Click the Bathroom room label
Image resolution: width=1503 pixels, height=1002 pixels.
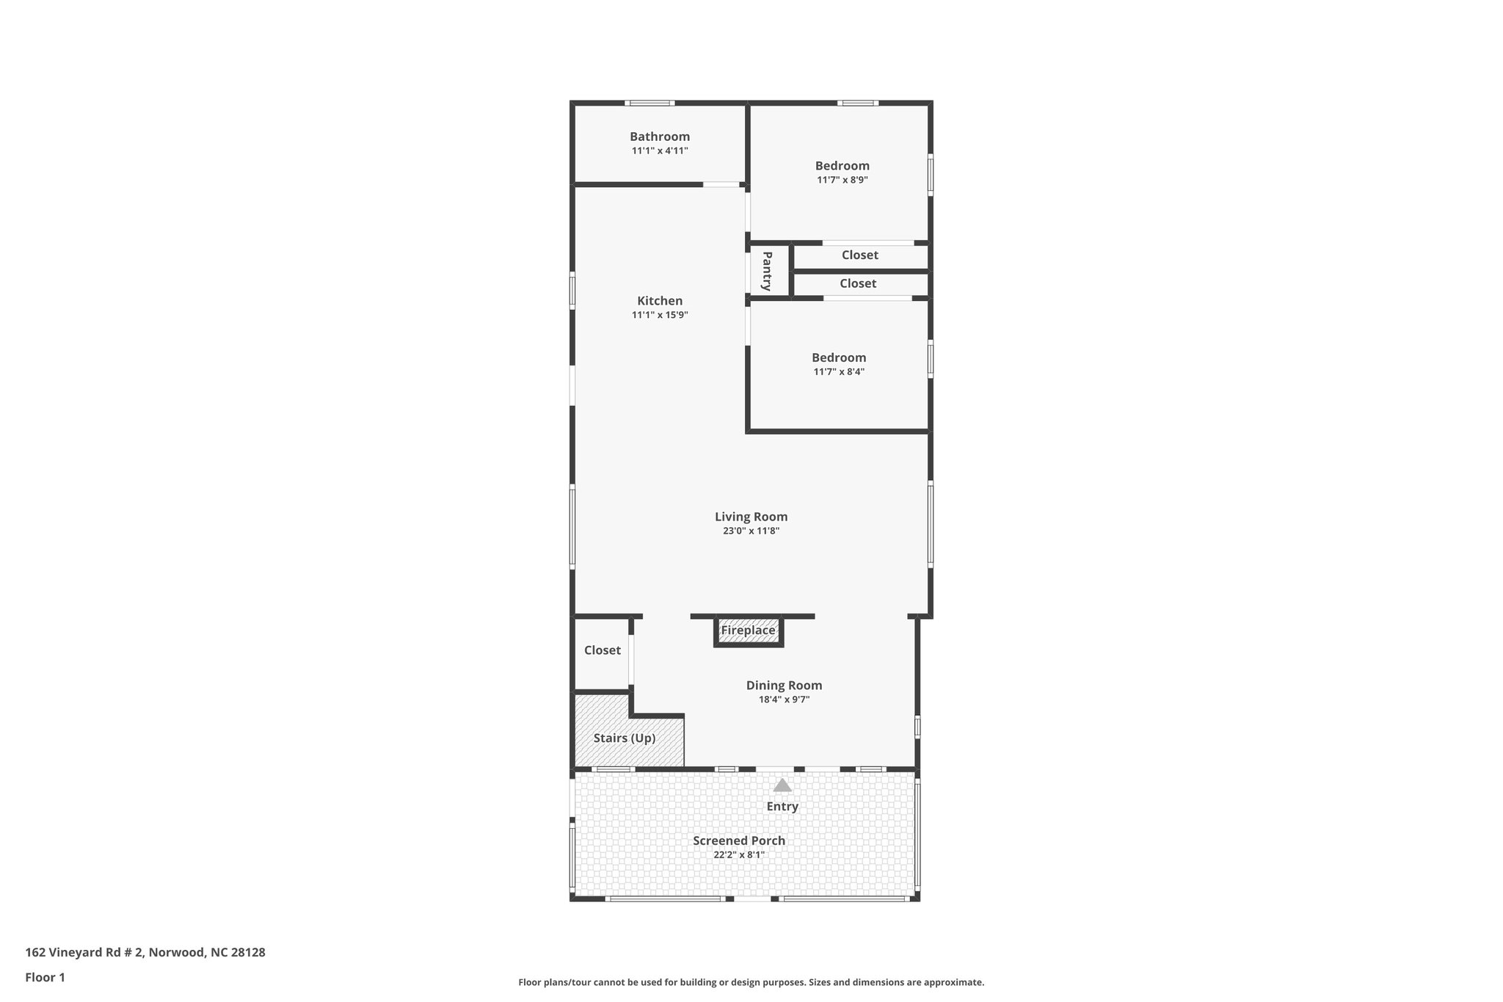point(660,137)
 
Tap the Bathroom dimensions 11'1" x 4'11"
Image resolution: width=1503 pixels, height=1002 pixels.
point(660,151)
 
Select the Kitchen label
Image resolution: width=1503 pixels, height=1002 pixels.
point(660,301)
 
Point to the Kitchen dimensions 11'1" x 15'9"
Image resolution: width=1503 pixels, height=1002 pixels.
point(660,316)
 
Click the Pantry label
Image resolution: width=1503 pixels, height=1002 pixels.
point(767,271)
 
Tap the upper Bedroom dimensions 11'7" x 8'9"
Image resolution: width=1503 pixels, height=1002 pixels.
point(843,180)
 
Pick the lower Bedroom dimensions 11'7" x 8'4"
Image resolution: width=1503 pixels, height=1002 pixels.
point(839,372)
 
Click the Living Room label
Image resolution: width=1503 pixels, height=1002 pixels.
point(751,517)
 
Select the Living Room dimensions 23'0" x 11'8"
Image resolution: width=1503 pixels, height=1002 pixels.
point(751,531)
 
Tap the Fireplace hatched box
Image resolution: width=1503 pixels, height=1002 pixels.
point(748,631)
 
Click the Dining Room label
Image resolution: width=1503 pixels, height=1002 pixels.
point(784,686)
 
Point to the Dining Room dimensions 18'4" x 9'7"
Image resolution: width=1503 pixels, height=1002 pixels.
point(784,700)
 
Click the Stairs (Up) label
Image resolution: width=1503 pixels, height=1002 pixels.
point(625,738)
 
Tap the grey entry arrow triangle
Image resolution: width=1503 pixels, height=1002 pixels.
point(782,785)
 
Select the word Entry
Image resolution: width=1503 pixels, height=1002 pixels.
point(782,807)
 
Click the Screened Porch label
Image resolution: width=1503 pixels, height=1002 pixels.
point(739,841)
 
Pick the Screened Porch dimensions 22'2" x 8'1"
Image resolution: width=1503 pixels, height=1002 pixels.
point(739,855)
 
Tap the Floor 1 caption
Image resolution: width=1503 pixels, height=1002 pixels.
point(46,978)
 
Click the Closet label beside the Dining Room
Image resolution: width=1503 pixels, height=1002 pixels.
point(603,650)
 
